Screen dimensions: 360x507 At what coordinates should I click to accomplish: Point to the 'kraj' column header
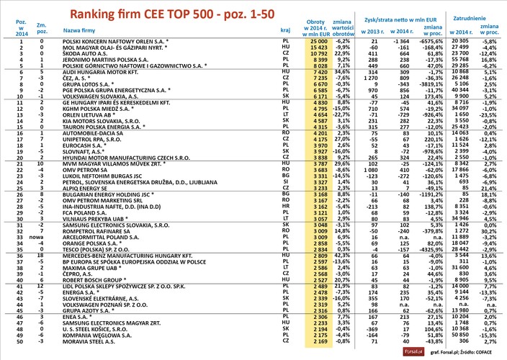(x=284, y=31)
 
